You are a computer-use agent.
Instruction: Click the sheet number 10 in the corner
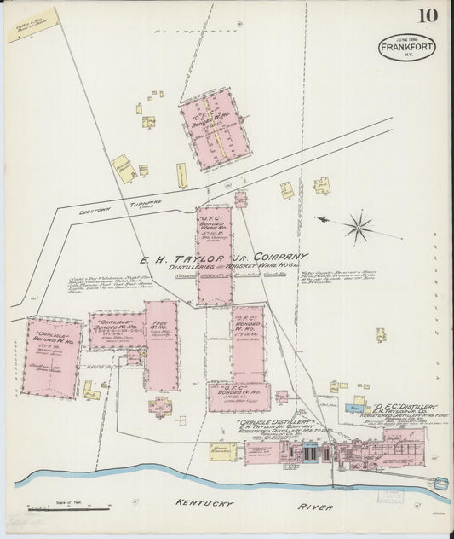click(428, 16)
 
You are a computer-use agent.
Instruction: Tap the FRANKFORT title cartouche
click(407, 47)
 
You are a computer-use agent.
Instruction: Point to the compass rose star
click(359, 227)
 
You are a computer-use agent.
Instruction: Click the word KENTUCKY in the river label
click(204, 504)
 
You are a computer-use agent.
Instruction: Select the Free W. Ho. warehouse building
click(161, 345)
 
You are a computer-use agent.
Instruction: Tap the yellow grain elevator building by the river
click(223, 451)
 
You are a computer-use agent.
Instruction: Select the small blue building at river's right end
click(440, 484)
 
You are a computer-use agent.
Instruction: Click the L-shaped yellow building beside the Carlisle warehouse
click(90, 391)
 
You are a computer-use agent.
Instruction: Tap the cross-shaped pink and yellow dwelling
click(159, 406)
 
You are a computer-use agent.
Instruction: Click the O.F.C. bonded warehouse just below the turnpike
click(214, 255)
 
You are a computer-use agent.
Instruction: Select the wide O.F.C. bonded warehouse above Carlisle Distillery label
click(238, 397)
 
